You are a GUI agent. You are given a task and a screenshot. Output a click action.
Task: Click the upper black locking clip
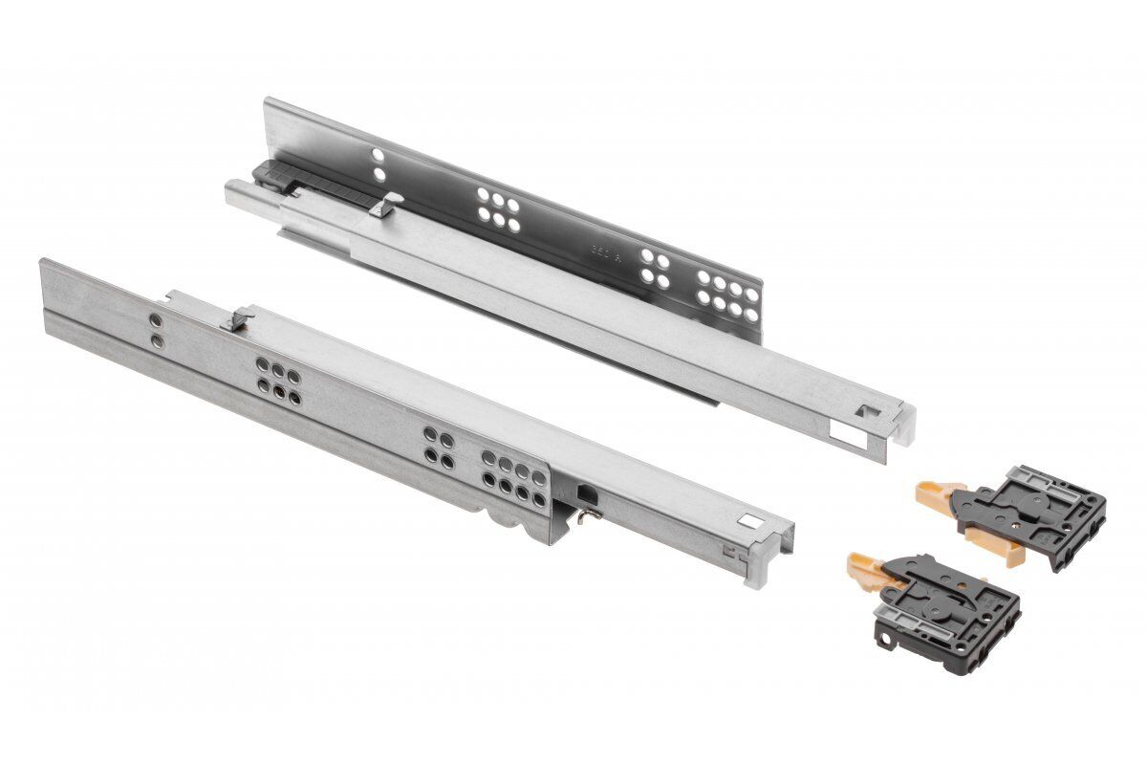coord(1042,512)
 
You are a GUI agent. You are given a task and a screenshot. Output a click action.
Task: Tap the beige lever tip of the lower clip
coord(863,567)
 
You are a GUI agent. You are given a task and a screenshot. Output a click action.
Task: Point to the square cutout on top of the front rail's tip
coord(752,522)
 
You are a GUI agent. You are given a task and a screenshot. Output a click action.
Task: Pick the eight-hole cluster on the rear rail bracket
coord(728,292)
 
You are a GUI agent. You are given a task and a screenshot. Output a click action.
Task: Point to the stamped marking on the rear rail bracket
coord(604,253)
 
